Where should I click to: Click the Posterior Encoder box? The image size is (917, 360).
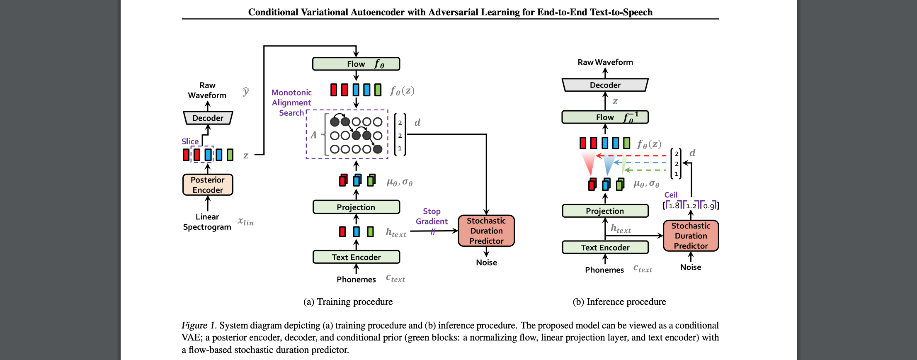(x=208, y=185)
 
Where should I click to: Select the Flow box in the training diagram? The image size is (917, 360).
(x=356, y=64)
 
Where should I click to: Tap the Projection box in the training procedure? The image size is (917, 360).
(x=356, y=207)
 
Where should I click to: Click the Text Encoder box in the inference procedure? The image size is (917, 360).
(x=605, y=248)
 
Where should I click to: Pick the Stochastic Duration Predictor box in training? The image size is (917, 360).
(x=486, y=231)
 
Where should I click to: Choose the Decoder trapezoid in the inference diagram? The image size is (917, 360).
(x=605, y=85)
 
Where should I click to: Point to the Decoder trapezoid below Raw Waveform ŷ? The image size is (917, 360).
(x=208, y=118)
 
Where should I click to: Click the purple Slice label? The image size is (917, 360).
(x=190, y=141)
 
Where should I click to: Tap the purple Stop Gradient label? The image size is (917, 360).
(x=432, y=216)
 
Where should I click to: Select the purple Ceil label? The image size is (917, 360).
(x=671, y=195)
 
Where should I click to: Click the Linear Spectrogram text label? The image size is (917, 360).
(x=207, y=222)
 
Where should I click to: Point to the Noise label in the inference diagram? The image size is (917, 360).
(x=691, y=268)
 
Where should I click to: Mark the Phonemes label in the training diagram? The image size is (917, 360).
(x=356, y=280)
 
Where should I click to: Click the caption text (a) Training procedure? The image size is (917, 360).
(x=348, y=302)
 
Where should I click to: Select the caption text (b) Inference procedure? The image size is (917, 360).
(x=619, y=302)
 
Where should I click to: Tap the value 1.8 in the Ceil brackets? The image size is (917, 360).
(x=674, y=206)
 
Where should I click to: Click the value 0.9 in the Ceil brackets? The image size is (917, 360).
(x=709, y=206)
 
